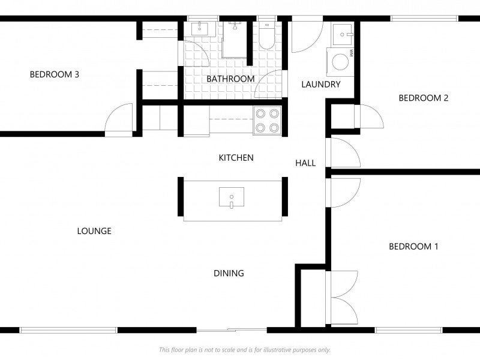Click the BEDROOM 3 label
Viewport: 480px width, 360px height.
click(55, 75)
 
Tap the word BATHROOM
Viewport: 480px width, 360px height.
click(230, 79)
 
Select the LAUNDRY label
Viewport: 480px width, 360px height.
click(320, 85)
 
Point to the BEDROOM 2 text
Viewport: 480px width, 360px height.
click(424, 98)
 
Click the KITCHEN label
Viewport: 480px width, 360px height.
click(236, 158)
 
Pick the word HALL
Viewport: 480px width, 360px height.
click(305, 163)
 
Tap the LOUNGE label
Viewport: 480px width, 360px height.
click(94, 231)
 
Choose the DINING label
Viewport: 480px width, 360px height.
click(229, 274)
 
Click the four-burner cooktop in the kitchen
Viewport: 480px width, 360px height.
click(267, 119)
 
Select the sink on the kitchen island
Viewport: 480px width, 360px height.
click(232, 197)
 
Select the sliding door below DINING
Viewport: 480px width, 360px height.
click(231, 329)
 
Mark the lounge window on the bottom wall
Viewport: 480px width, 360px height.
click(68, 329)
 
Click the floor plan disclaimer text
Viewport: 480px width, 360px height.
click(244, 350)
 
